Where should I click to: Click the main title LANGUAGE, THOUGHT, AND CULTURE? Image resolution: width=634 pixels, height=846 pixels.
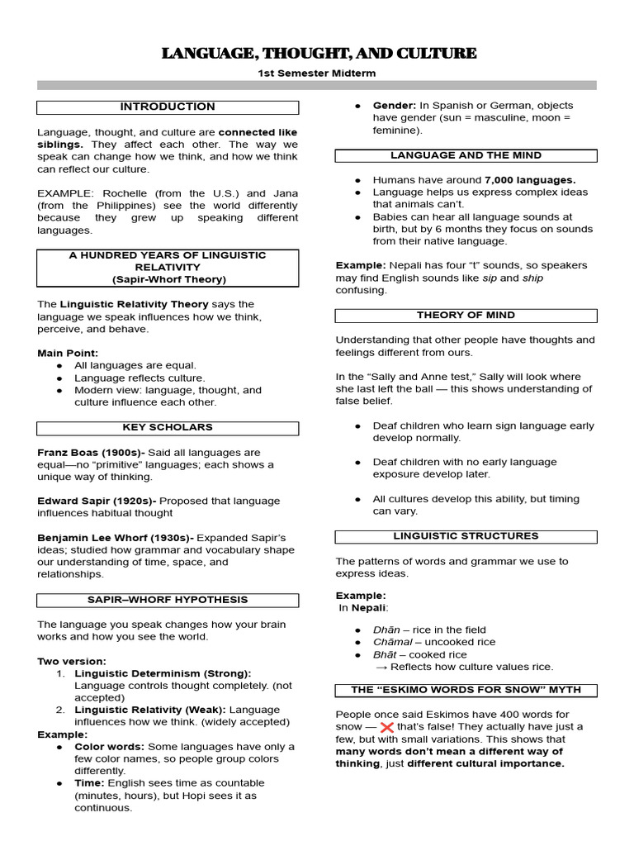point(318,54)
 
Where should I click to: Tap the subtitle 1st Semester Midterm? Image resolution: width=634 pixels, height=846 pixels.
point(318,74)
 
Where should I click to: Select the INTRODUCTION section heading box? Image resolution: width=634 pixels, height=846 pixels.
point(168,107)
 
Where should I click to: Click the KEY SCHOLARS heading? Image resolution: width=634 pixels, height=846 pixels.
point(168,427)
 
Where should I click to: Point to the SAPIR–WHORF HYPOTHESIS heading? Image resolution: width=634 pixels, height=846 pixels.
point(168,599)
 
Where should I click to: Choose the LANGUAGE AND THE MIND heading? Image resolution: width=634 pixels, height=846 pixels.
point(466,155)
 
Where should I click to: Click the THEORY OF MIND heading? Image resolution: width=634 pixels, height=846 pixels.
point(466,315)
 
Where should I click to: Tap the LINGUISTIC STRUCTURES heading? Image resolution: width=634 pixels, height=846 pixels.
point(466,535)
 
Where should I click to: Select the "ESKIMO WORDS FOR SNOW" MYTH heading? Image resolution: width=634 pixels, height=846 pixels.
point(466,689)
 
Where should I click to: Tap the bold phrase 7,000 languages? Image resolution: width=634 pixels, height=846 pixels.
point(530,179)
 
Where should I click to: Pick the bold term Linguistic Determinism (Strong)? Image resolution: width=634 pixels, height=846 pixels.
point(163,673)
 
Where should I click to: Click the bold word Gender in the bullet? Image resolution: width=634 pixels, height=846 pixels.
point(394,106)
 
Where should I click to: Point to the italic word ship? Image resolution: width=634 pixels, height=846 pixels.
point(534,278)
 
